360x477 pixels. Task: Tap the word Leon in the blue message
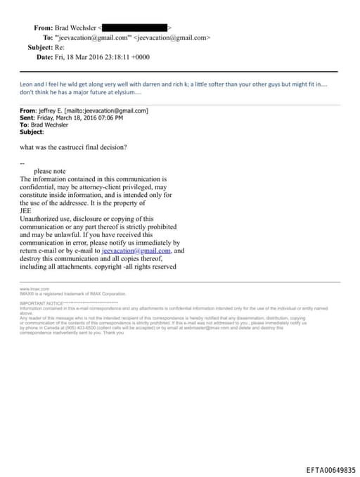pyautogui.click(x=27, y=84)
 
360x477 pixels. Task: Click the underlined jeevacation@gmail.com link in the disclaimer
pyautogui.click(x=136, y=250)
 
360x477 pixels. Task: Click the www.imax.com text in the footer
pyautogui.click(x=34, y=289)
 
